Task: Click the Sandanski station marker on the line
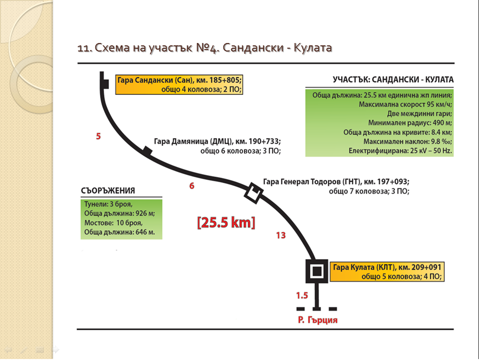pyautogui.click(x=106, y=84)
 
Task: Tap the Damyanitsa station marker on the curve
pyautogui.click(x=148, y=151)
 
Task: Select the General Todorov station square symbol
pyautogui.click(x=254, y=193)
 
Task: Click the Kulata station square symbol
pyautogui.click(x=317, y=271)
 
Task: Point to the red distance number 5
pyautogui.click(x=98, y=137)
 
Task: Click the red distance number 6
pyautogui.click(x=192, y=186)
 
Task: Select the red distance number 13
pyautogui.click(x=281, y=235)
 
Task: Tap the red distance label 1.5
pyautogui.click(x=302, y=295)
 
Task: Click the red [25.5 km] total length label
pyautogui.click(x=226, y=223)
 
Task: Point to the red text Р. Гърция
pyautogui.click(x=318, y=320)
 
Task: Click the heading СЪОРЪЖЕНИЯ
pyautogui.click(x=108, y=191)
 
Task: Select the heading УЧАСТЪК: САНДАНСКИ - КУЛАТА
pyautogui.click(x=393, y=80)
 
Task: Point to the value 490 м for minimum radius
pyautogui.click(x=443, y=123)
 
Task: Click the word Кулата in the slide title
pyautogui.click(x=313, y=48)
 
